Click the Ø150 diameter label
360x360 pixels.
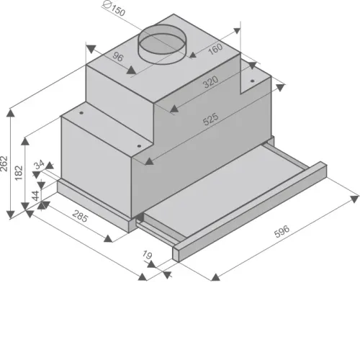(114, 9)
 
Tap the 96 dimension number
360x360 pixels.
(117, 57)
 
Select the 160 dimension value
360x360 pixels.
(215, 49)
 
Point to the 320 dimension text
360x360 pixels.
(210, 81)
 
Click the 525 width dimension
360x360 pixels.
(210, 119)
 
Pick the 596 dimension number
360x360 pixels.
(282, 231)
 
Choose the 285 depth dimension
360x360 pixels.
(80, 216)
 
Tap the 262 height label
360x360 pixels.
(4, 163)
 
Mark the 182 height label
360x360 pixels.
(19, 173)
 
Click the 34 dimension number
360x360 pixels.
(39, 164)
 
